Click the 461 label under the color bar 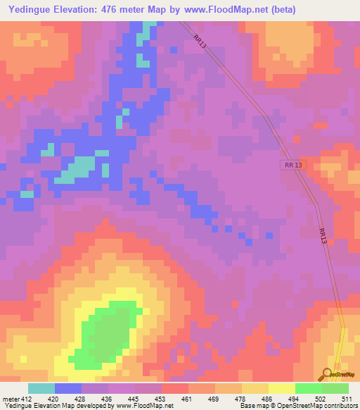tap(188, 398)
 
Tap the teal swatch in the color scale tap(41, 388)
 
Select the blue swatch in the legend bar tap(68, 388)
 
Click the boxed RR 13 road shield tap(294, 165)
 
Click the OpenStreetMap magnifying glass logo tap(326, 374)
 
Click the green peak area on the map tap(108, 335)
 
